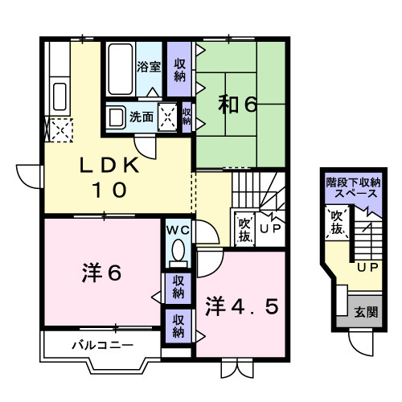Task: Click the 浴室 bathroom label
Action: [148, 67]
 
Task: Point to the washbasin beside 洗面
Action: [117, 115]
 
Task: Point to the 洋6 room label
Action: [100, 273]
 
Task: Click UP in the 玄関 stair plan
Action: [367, 267]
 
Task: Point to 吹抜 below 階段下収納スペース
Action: [336, 223]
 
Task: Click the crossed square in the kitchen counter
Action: [59, 129]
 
